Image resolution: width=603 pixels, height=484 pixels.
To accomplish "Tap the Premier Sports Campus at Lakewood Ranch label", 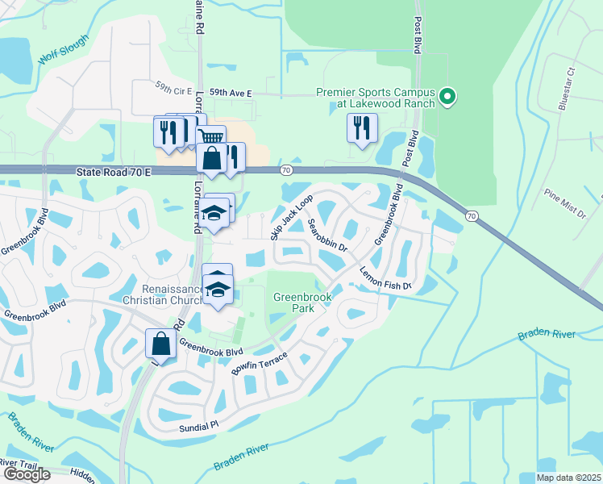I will tap(376, 98).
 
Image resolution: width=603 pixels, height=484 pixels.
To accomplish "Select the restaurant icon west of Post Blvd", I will tap(361, 127).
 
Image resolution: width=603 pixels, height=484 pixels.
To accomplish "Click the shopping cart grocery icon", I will tap(211, 138).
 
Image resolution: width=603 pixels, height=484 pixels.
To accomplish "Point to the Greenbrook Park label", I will tap(301, 302).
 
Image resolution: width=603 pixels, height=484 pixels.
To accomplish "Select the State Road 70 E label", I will tap(115, 172).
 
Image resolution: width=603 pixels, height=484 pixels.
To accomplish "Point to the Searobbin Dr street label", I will tap(327, 234).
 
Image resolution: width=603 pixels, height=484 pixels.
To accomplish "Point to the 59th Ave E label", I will tap(231, 94).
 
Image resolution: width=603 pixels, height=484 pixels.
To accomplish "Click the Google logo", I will tap(27, 474).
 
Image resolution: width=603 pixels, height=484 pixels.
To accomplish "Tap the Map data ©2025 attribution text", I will tap(568, 478).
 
